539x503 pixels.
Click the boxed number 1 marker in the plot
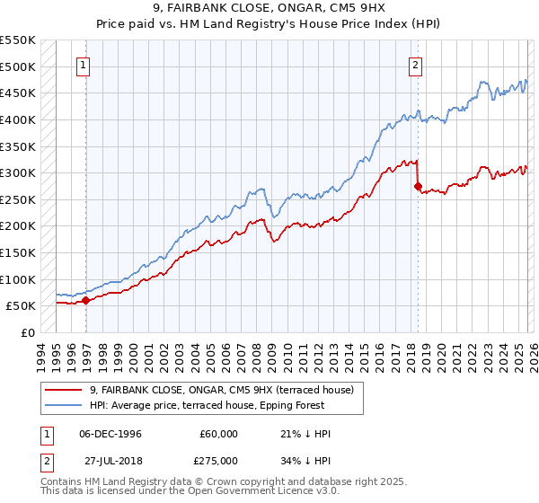click(x=84, y=64)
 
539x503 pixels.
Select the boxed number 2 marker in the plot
click(x=417, y=64)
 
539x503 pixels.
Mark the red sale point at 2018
click(x=419, y=186)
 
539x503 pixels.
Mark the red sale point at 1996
click(x=86, y=301)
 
